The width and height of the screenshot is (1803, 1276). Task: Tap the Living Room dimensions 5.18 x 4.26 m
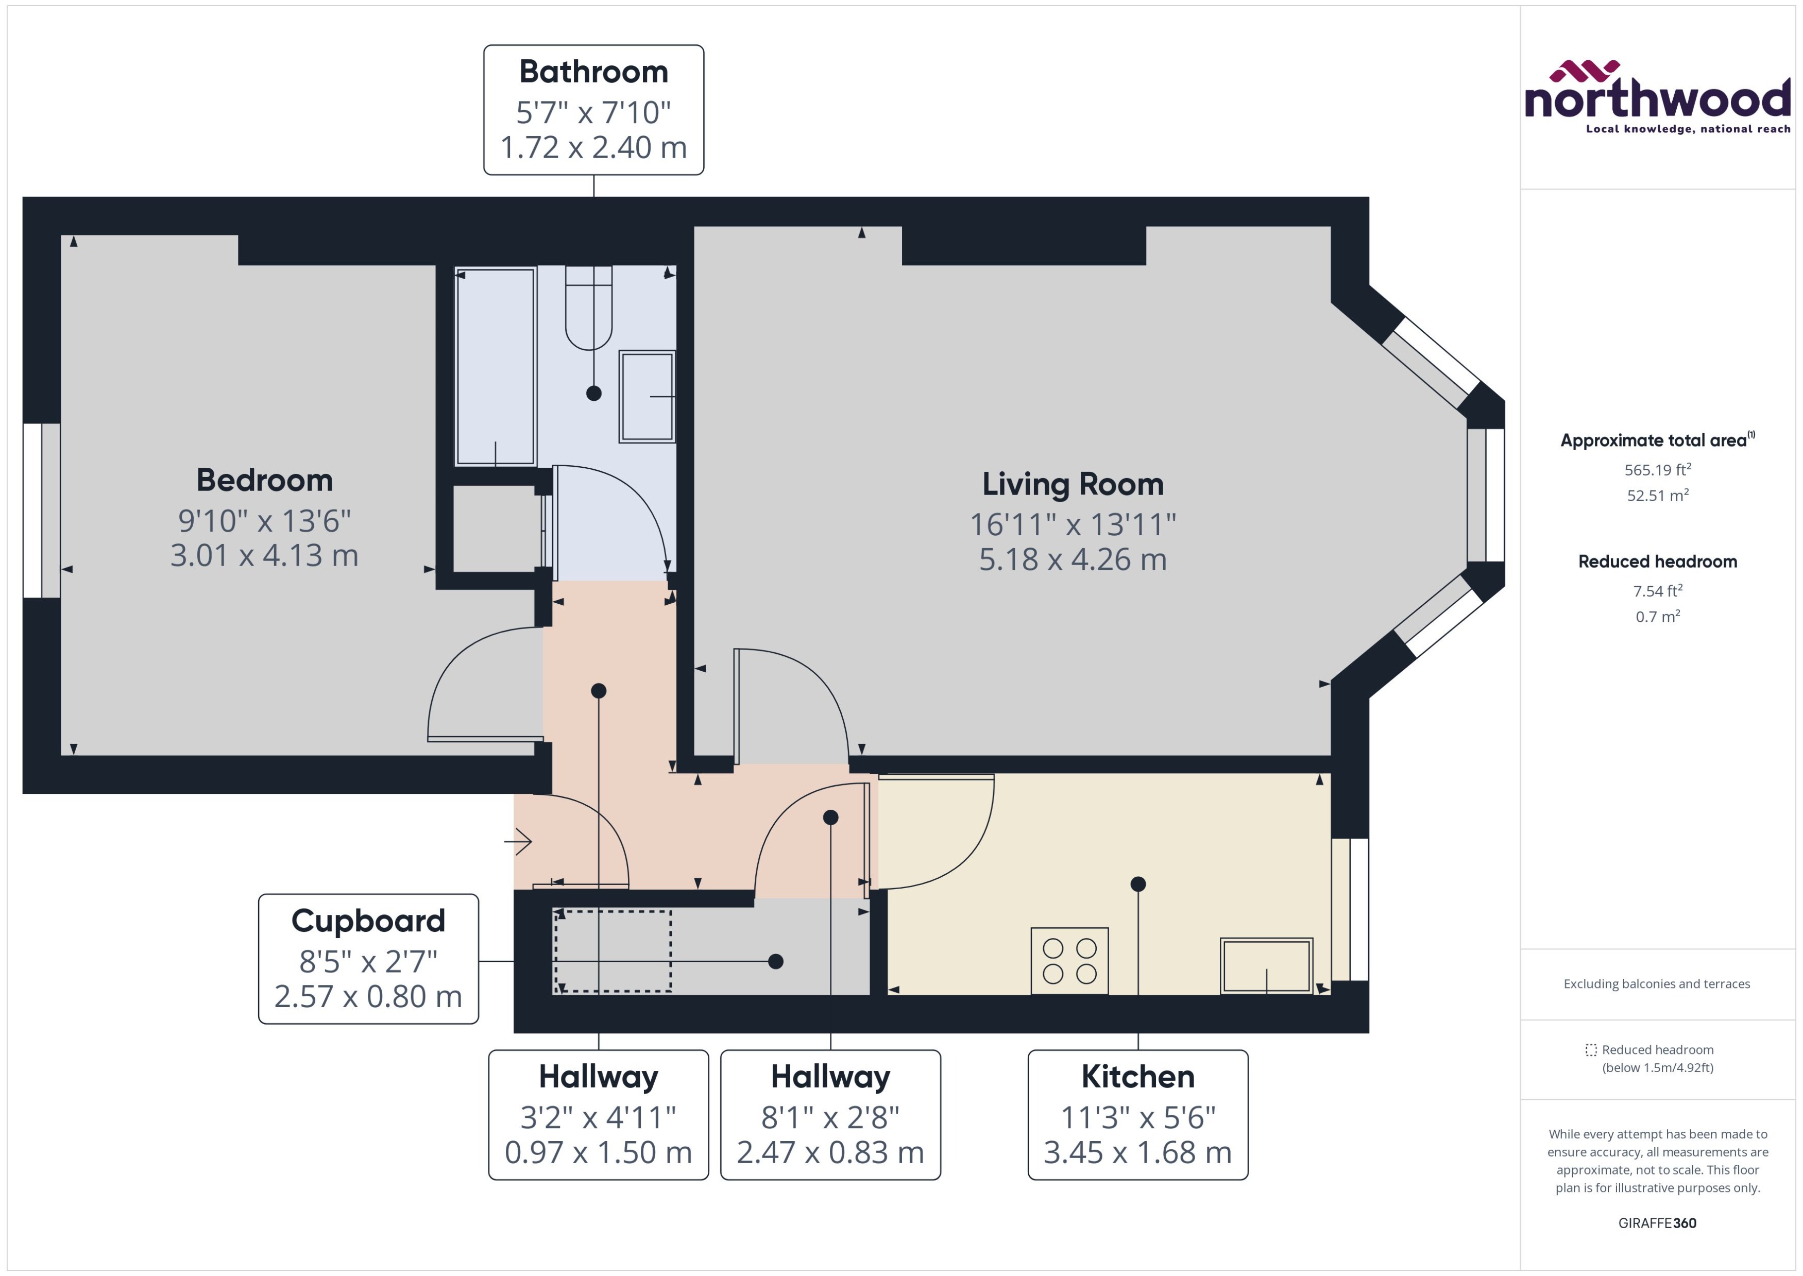pos(1073,559)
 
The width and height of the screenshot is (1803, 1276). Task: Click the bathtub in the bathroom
pos(495,366)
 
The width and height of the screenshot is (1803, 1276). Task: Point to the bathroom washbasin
pos(647,396)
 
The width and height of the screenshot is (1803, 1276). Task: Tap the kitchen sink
pos(1266,966)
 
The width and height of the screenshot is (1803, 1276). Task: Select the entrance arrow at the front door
pos(519,842)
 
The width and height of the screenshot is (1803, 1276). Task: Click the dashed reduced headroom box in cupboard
pos(612,951)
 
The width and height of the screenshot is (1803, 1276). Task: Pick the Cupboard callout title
pos(368,921)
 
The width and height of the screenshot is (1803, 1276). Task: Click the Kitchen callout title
pos(1137,1077)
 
